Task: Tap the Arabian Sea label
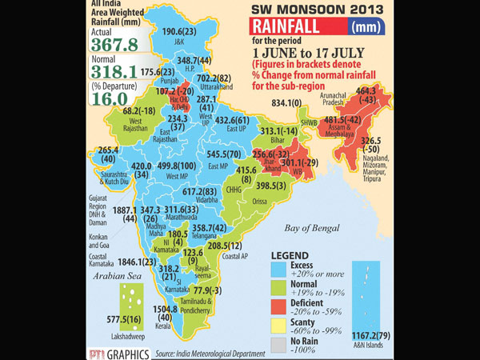pos(111,277)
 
